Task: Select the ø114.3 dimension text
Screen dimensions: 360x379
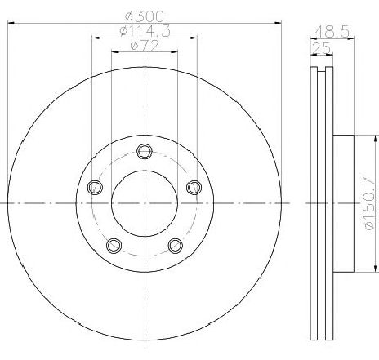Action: (x=144, y=32)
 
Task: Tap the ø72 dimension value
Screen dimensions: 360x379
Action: (x=144, y=47)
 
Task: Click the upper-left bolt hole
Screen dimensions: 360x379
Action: (x=94, y=188)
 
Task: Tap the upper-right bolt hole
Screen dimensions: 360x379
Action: (x=194, y=188)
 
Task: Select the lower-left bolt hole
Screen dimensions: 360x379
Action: (x=114, y=243)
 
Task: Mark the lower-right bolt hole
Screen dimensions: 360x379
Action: (x=175, y=243)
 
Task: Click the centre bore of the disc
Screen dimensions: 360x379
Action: (x=145, y=202)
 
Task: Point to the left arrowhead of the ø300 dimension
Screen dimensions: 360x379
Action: (x=11, y=24)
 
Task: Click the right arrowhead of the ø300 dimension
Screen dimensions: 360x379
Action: (x=278, y=24)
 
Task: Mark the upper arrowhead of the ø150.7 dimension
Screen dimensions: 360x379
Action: (x=373, y=136)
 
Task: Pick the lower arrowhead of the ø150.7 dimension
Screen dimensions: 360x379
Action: (x=373, y=268)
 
